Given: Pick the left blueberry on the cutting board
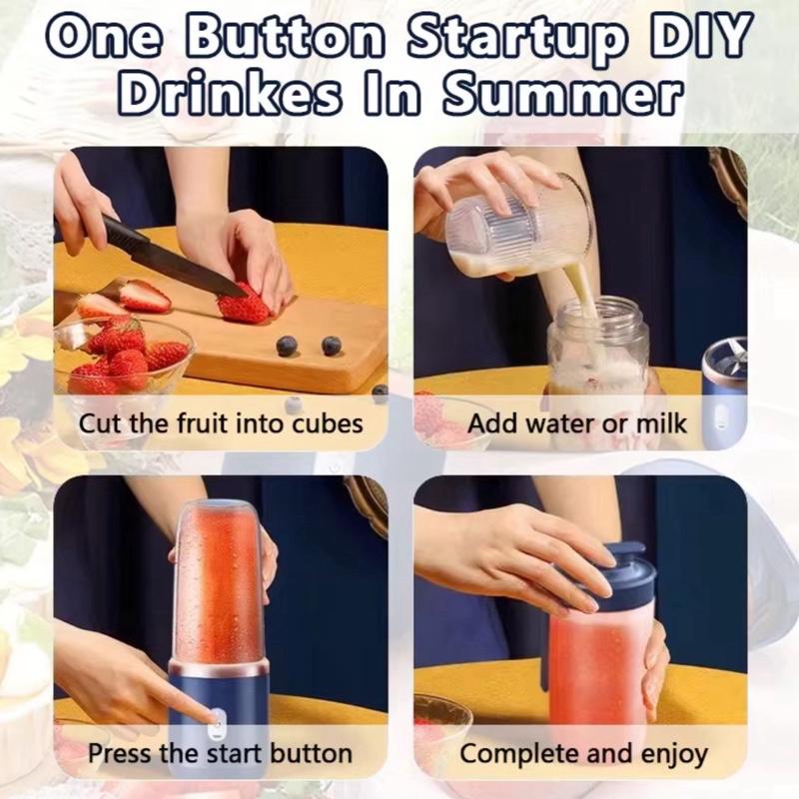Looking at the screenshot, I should (x=288, y=346).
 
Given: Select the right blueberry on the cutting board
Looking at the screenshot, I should (x=332, y=345).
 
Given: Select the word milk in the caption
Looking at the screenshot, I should (x=655, y=423).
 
